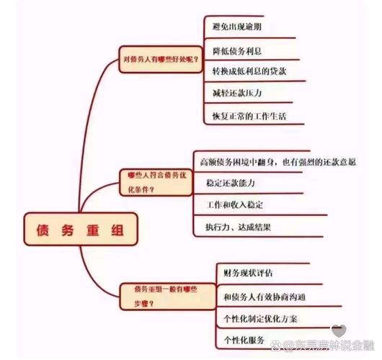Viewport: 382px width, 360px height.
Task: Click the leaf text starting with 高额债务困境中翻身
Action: coord(276,161)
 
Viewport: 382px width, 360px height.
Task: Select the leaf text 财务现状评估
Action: coord(248,272)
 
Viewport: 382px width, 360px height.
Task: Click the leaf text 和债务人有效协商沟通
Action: coord(266,295)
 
